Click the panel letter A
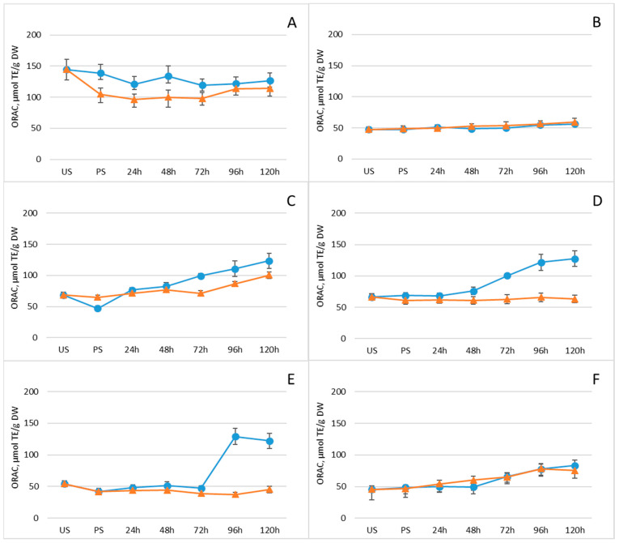point(292,23)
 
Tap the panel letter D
point(597,201)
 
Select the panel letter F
point(596,379)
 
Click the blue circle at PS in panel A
point(100,73)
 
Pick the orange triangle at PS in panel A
point(100,94)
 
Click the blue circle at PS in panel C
point(98,309)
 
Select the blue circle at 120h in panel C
point(269,261)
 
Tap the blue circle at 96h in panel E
point(235,437)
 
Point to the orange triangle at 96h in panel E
point(235,494)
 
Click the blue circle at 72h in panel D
point(507,276)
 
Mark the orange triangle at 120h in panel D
point(574,299)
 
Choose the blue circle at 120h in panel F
point(574,466)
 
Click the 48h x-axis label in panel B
point(472,171)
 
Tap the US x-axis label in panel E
point(65,530)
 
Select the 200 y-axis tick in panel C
point(30,213)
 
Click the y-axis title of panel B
point(320,91)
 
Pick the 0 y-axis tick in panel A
point(38,160)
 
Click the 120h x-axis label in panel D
point(574,350)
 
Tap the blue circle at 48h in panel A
point(168,76)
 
